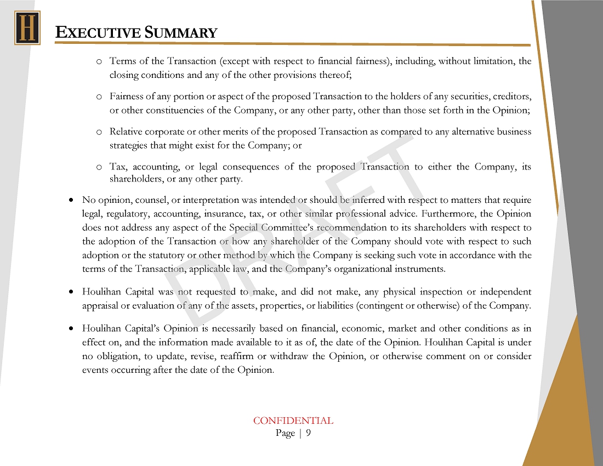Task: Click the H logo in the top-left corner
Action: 27,27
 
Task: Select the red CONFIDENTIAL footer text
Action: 293,421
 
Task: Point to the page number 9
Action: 308,433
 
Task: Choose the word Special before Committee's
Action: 243,228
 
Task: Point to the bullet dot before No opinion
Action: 72,201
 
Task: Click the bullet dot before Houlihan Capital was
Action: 72,292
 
